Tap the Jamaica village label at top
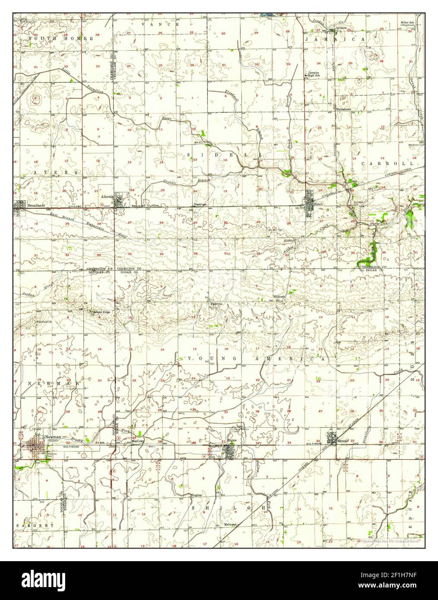click(341, 28)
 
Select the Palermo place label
click(216, 304)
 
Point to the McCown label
click(137, 442)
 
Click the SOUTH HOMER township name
click(61, 38)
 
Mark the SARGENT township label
click(35, 526)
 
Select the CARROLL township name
click(388, 164)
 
